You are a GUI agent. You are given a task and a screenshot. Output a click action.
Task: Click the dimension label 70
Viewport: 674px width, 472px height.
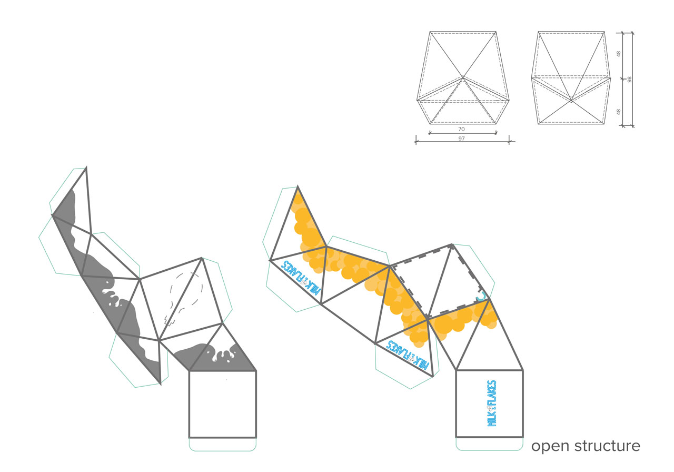pyautogui.click(x=461, y=129)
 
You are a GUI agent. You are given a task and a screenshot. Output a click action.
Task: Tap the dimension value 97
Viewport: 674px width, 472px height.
pyautogui.click(x=461, y=139)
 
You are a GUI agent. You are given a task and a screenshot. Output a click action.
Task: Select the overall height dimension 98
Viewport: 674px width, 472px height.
pyautogui.click(x=629, y=80)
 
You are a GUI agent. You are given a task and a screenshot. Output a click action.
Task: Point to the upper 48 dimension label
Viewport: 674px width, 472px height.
pyautogui.click(x=619, y=54)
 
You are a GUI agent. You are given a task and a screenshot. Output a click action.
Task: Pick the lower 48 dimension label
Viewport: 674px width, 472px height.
pyautogui.click(x=619, y=112)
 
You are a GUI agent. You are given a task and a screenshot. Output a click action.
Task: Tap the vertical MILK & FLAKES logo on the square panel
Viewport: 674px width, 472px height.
pyautogui.click(x=492, y=404)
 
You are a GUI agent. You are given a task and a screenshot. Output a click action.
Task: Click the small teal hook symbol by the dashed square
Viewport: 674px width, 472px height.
pyautogui.click(x=481, y=297)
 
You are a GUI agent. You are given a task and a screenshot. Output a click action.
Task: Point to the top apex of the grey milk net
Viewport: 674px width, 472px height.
pyautogui.click(x=86, y=167)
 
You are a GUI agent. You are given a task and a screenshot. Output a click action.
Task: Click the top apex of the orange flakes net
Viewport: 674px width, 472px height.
pyautogui.click(x=298, y=186)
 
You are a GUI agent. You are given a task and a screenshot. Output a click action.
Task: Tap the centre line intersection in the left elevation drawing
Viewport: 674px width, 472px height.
pyautogui.click(x=463, y=77)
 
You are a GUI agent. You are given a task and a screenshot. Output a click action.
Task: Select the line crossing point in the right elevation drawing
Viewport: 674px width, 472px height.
pyautogui.click(x=571, y=100)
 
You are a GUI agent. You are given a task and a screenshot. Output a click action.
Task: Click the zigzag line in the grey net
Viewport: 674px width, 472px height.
pyautogui.click(x=170, y=321)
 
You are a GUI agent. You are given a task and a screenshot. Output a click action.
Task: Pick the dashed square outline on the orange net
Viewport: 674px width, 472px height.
pyautogui.click(x=439, y=281)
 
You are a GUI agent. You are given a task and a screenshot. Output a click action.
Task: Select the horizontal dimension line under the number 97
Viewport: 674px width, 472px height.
pyautogui.click(x=462, y=142)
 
